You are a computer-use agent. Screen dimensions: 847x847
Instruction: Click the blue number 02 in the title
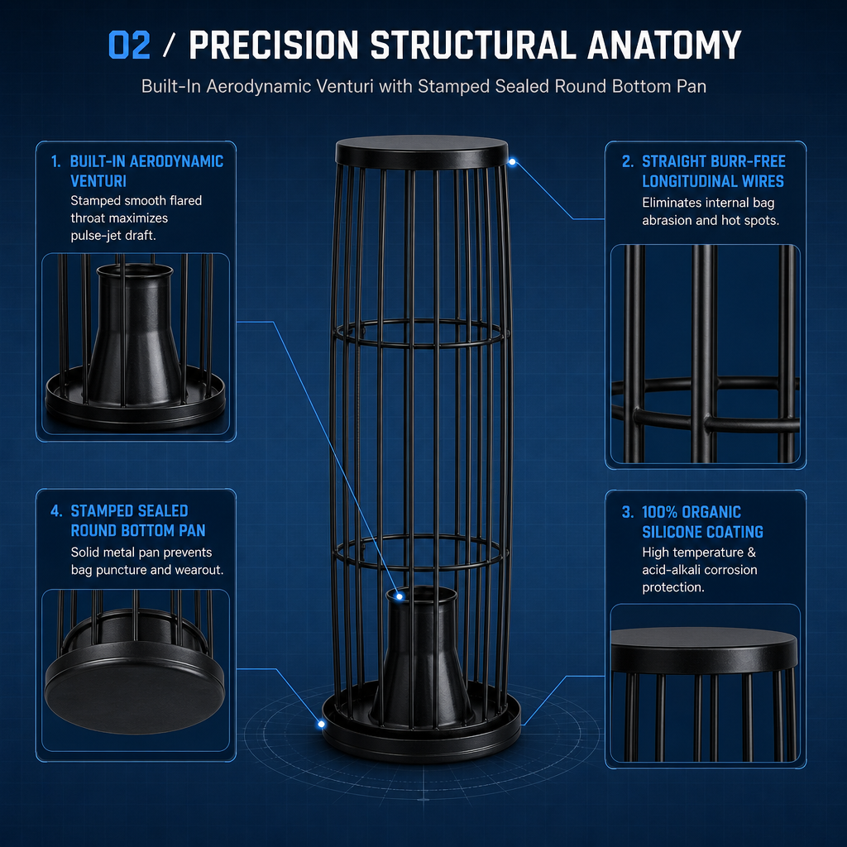tap(129, 45)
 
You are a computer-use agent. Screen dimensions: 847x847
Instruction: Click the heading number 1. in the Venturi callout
tap(55, 161)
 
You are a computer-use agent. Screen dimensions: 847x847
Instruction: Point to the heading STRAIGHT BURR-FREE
tap(714, 161)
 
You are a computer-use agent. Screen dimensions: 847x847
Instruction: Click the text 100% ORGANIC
tap(691, 512)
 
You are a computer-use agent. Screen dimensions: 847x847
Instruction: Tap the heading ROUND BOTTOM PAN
tap(138, 530)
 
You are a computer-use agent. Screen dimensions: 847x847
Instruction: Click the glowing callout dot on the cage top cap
tap(512, 162)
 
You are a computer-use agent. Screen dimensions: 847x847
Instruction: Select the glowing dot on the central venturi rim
tap(400, 596)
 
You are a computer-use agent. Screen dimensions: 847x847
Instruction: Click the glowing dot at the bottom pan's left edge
tap(322, 724)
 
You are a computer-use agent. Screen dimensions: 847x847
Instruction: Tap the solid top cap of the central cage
tap(422, 151)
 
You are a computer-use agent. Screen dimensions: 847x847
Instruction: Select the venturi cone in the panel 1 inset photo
tap(135, 335)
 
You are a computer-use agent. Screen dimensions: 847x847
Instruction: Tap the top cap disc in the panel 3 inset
tap(704, 648)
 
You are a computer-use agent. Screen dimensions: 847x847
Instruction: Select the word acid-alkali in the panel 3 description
tap(671, 570)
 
